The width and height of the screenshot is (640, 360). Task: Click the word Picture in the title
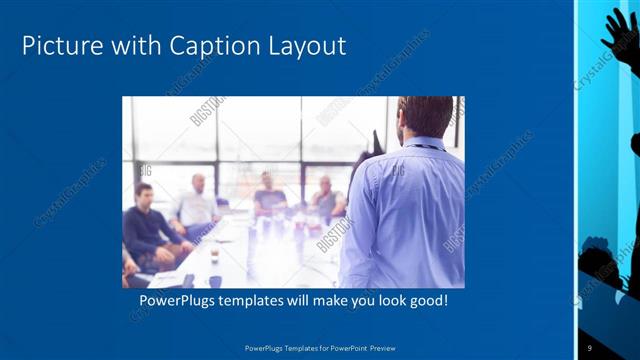59,46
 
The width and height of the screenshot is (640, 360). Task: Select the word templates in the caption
259,300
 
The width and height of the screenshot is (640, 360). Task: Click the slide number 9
591,346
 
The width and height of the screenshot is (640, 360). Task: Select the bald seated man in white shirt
196,205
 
